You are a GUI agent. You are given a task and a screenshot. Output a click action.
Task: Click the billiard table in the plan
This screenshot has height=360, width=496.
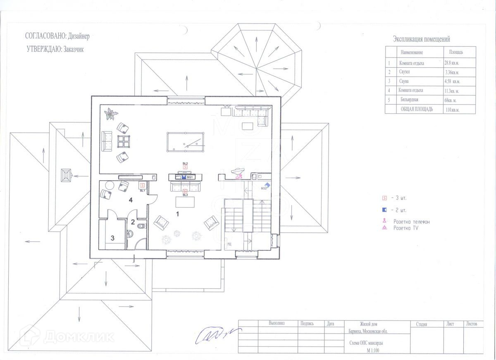[186, 142]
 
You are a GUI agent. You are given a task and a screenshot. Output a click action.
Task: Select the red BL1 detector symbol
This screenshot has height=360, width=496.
[142, 186]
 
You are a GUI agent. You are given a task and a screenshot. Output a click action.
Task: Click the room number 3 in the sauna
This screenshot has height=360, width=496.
[112, 238]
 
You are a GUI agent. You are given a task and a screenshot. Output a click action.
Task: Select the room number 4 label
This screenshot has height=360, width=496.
[131, 200]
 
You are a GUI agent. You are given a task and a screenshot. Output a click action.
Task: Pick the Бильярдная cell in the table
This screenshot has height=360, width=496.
[409, 100]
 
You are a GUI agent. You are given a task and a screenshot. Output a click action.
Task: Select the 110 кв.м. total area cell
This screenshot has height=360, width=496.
[453, 110]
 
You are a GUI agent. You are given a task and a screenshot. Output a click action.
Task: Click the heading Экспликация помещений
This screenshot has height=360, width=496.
[421, 39]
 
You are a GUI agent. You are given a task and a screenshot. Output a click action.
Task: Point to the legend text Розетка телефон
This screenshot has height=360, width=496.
[411, 222]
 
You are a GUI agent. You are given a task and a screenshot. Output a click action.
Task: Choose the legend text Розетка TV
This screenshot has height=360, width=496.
[405, 228]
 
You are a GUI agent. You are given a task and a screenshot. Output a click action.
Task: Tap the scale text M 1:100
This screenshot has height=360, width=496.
[372, 350]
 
